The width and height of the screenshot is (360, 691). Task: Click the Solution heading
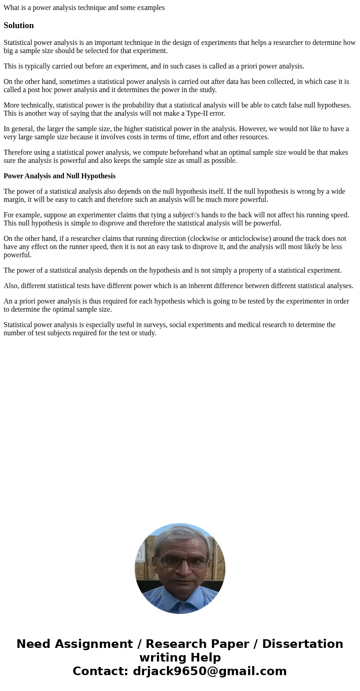pos(19,25)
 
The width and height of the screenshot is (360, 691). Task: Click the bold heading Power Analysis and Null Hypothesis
pos(59,176)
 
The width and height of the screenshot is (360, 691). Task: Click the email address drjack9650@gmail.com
pos(209,671)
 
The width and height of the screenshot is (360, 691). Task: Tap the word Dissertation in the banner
pos(302,644)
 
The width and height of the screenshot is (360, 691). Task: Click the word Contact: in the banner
pos(100,671)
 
